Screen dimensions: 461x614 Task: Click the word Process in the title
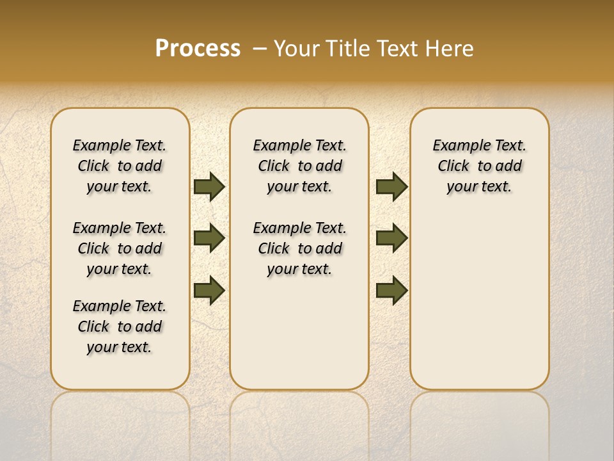click(198, 49)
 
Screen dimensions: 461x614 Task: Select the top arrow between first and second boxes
click(209, 186)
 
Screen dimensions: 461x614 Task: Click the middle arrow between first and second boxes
click(209, 238)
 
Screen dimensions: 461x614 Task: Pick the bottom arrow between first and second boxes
click(209, 290)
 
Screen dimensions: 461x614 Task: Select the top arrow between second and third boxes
click(391, 186)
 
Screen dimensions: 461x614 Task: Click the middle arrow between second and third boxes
click(391, 238)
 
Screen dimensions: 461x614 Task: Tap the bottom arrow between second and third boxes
click(391, 290)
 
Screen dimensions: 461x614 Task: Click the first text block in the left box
click(120, 166)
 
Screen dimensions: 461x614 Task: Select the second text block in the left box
click(120, 248)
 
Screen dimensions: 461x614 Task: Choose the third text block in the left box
click(120, 327)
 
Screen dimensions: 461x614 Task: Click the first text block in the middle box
click(299, 166)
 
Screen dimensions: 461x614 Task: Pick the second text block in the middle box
click(299, 248)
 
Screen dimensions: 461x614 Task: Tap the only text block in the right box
click(479, 166)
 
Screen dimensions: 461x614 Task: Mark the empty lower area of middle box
click(299, 333)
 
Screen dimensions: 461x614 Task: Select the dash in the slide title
click(260, 49)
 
